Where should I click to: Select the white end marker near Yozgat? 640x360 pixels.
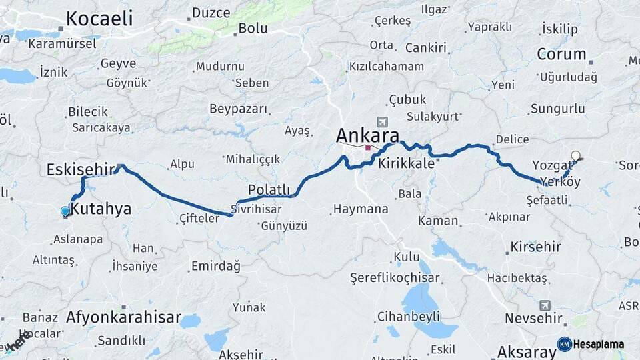pyautogui.click(x=575, y=156)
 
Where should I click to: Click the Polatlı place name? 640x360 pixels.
pyautogui.click(x=269, y=189)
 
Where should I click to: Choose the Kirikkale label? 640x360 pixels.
pyautogui.click(x=406, y=163)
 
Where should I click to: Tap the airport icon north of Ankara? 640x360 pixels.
pyautogui.click(x=382, y=122)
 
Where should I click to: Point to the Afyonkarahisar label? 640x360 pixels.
pyautogui.click(x=123, y=317)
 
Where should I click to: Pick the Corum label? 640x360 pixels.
pyautogui.click(x=561, y=54)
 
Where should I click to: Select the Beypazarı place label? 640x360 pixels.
pyautogui.click(x=238, y=109)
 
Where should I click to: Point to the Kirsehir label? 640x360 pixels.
pyautogui.click(x=535, y=247)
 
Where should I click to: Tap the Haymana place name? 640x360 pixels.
pyautogui.click(x=360, y=209)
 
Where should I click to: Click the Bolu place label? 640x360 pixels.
pyautogui.click(x=253, y=28)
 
